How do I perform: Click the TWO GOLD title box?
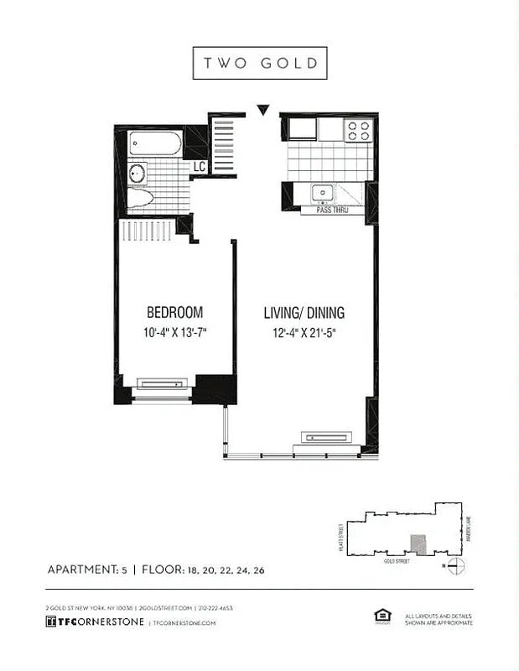tap(259, 63)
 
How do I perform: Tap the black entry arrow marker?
tap(263, 109)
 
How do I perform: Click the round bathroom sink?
tap(138, 174)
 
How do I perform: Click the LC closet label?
tap(199, 168)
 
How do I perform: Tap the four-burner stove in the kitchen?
tap(359, 130)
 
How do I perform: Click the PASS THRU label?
tap(332, 211)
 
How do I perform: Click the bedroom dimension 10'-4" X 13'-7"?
tap(174, 332)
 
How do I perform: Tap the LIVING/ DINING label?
tap(304, 313)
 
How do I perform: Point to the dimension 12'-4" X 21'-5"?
tap(304, 332)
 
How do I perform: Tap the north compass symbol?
tap(455, 565)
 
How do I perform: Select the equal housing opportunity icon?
tap(381, 616)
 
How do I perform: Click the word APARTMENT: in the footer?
tap(82, 570)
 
